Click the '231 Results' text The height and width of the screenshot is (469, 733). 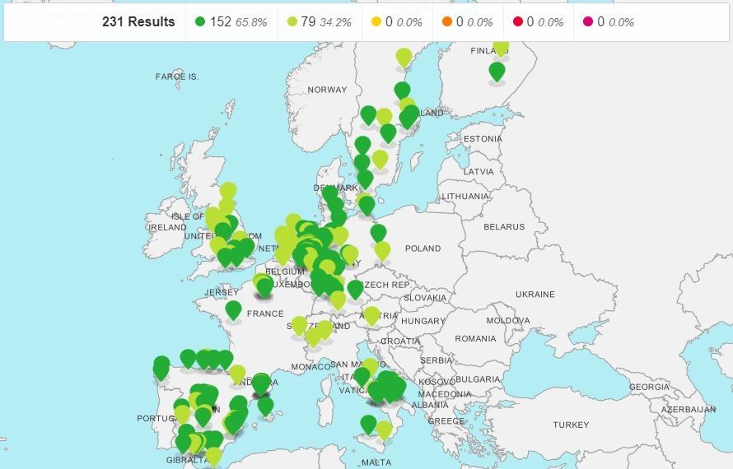pyautogui.click(x=138, y=22)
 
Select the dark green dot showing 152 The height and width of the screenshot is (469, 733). pyautogui.click(x=200, y=22)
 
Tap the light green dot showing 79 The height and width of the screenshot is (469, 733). pyautogui.click(x=291, y=22)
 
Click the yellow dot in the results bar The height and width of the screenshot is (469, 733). pyautogui.click(x=376, y=22)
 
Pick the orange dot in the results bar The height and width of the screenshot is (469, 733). pyautogui.click(x=447, y=22)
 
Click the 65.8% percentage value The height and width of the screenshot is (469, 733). pyautogui.click(x=251, y=22)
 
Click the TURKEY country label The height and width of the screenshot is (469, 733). pyautogui.click(x=571, y=425)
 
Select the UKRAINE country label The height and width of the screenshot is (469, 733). pyautogui.click(x=535, y=294)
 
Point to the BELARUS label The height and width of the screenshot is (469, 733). pyautogui.click(x=504, y=227)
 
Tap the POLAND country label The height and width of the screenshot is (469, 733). pyautogui.click(x=423, y=248)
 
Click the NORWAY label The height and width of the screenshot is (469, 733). pyautogui.click(x=327, y=90)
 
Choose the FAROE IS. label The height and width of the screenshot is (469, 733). pyautogui.click(x=177, y=77)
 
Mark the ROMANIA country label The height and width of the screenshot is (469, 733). pyautogui.click(x=475, y=338)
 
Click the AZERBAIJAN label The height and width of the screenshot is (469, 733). pyautogui.click(x=688, y=409)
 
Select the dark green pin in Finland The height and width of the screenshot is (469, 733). pyautogui.click(x=497, y=72)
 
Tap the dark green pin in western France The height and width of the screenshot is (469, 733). pyautogui.click(x=234, y=309)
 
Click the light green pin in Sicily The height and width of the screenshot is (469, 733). pyautogui.click(x=384, y=429)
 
